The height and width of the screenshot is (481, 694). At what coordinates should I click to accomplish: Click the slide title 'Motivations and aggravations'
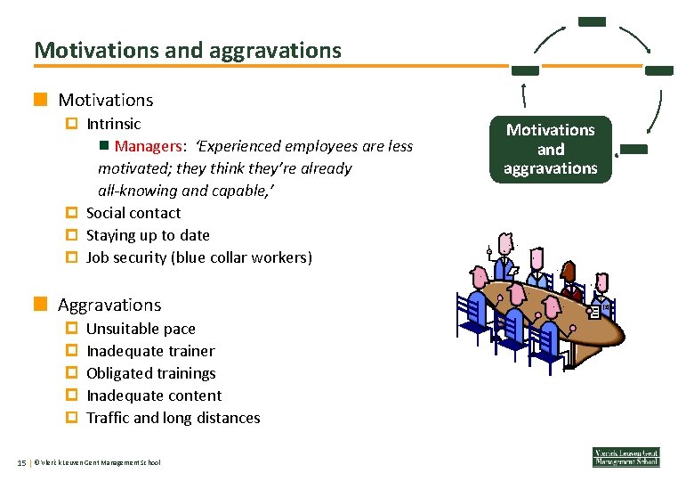coord(188,50)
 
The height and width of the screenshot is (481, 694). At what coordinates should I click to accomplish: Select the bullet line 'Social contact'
coord(133,213)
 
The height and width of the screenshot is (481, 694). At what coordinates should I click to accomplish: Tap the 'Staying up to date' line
coord(148,235)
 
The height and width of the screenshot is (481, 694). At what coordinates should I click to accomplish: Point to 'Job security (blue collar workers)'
coord(198,257)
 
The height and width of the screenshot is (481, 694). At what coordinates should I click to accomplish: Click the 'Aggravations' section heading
coord(109,305)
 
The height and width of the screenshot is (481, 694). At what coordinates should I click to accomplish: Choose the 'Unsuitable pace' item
coord(141,329)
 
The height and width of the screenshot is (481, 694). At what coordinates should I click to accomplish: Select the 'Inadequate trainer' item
coord(149,351)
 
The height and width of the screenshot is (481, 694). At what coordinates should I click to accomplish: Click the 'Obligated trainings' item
coord(150,373)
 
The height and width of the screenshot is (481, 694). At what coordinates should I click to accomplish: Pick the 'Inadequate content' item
coord(153,395)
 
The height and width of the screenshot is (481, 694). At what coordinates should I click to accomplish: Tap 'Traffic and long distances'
coord(173,418)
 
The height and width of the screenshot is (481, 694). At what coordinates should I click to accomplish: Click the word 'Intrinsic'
coord(113,124)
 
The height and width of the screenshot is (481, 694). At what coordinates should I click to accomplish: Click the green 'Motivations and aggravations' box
coord(550,150)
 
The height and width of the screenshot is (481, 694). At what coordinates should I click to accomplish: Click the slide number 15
coord(20,461)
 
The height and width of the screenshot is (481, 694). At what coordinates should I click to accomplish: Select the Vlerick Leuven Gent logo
coord(626,457)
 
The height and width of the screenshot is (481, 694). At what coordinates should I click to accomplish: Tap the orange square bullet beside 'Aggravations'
coord(39,305)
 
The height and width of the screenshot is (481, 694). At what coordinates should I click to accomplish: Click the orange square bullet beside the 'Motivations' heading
coord(39,100)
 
